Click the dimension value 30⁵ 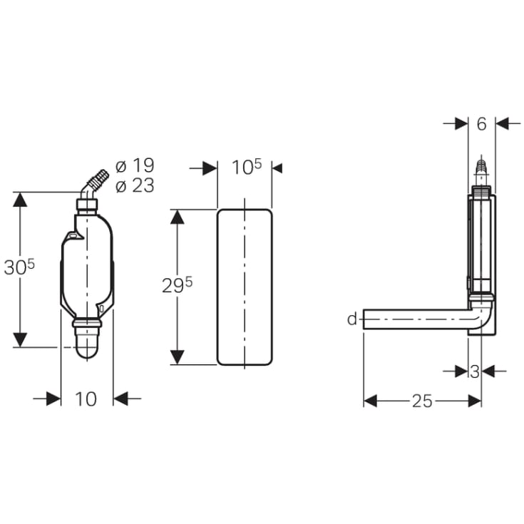pyautogui.click(x=19, y=267)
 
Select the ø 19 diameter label pyautogui.click(x=135, y=165)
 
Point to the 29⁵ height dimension pyautogui.click(x=177, y=286)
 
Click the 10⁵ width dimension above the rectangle pyautogui.click(x=247, y=167)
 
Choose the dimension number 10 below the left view pyautogui.click(x=86, y=399)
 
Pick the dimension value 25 pyautogui.click(x=422, y=401)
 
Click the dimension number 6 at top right pyautogui.click(x=481, y=124)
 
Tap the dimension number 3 pyautogui.click(x=475, y=371)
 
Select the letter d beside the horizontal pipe pyautogui.click(x=352, y=319)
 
